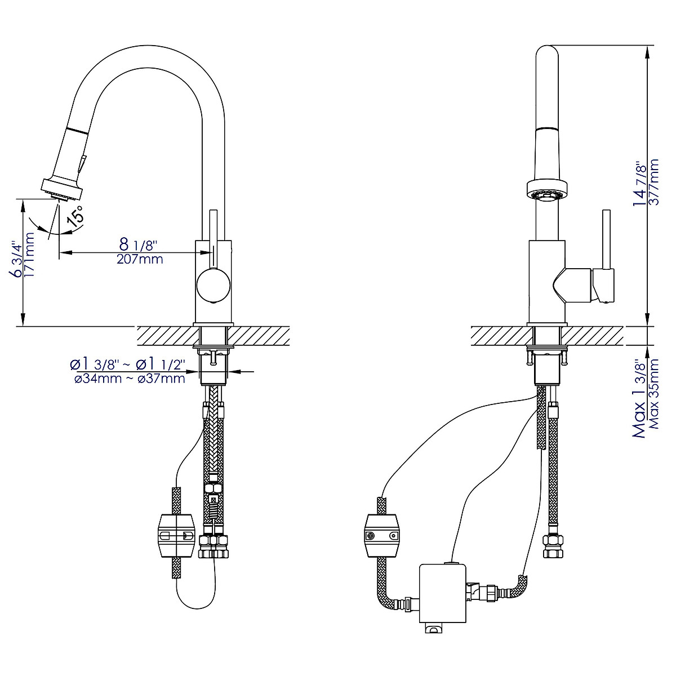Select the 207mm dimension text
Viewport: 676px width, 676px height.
pos(140,260)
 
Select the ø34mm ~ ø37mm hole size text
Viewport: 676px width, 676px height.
pos(130,379)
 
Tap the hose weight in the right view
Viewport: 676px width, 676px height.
pos(382,533)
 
